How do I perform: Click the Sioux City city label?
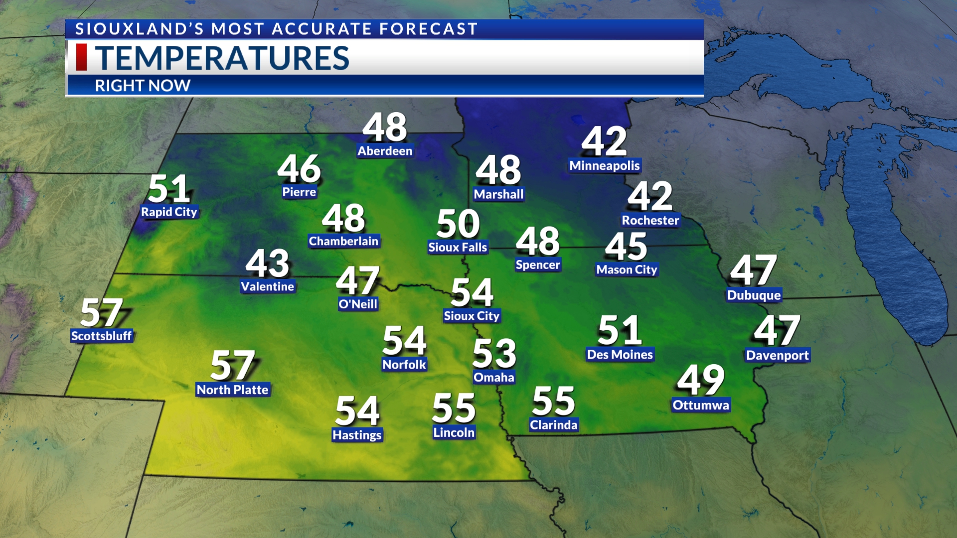(x=472, y=316)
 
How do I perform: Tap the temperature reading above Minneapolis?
(x=604, y=141)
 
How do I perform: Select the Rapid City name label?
(x=169, y=212)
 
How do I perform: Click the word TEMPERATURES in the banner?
(x=222, y=58)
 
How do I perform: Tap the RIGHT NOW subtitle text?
(x=143, y=86)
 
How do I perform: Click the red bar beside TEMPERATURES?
(x=81, y=57)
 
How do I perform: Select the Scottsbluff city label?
(x=101, y=336)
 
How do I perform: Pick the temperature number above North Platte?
(x=233, y=365)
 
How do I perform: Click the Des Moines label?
(x=620, y=354)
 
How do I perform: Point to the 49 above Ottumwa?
(x=701, y=380)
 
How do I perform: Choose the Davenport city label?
(x=778, y=355)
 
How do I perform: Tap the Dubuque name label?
(x=754, y=295)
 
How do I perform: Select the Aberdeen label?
(x=385, y=151)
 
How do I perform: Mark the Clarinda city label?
(x=553, y=425)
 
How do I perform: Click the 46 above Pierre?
(x=299, y=169)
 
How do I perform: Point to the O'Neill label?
(x=358, y=304)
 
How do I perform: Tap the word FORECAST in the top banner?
(x=428, y=29)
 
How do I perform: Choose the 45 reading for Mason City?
(x=626, y=247)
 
